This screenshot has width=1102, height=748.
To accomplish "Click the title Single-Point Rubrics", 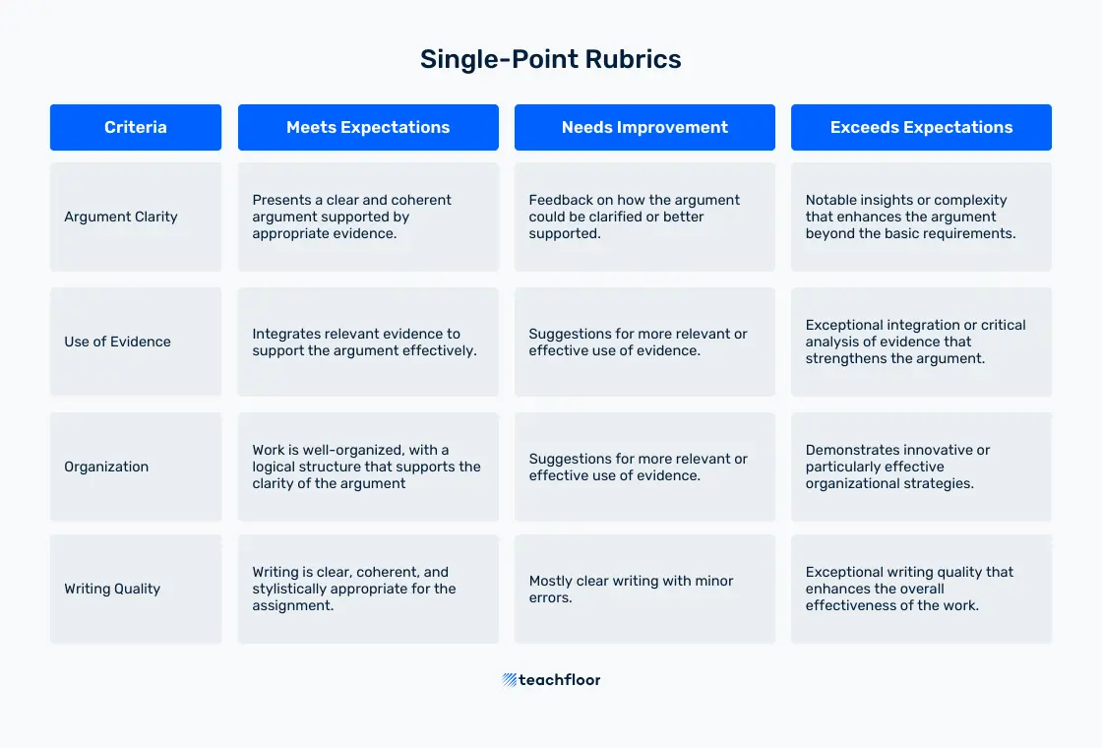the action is tap(550, 59).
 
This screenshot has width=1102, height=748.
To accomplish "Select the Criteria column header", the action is tap(136, 127).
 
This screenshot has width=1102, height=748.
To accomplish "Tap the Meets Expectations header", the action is tap(368, 127).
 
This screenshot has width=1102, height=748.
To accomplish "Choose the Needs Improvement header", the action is tap(644, 127).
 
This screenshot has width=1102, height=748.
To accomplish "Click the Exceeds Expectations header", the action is tap(921, 127).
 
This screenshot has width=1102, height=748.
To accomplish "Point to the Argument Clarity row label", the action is tap(121, 217).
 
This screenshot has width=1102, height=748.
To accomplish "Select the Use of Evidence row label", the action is tap(117, 342).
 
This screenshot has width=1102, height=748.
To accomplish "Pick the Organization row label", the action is tap(106, 467).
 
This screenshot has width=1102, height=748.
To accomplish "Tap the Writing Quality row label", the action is tap(112, 589).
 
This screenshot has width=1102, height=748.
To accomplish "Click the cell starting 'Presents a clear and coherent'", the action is tap(368, 218).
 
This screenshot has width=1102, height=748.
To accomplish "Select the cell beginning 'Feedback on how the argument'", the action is tap(644, 218).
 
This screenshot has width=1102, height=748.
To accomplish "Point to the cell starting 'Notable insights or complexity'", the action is tap(921, 218).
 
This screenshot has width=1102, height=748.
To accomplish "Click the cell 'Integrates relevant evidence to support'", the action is tap(368, 342).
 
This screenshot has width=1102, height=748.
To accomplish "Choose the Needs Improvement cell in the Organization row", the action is tap(644, 467).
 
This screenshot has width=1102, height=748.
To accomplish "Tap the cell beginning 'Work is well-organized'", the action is tap(368, 467).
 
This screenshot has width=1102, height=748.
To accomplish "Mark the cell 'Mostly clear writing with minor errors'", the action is tap(644, 590).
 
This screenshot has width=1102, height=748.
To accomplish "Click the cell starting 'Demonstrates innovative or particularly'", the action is tap(921, 467).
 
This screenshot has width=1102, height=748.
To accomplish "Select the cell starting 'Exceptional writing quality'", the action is tap(921, 590).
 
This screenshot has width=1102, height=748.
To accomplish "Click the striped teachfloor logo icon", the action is tap(510, 680).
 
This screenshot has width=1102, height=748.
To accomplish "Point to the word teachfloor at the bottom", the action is tap(560, 680).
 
